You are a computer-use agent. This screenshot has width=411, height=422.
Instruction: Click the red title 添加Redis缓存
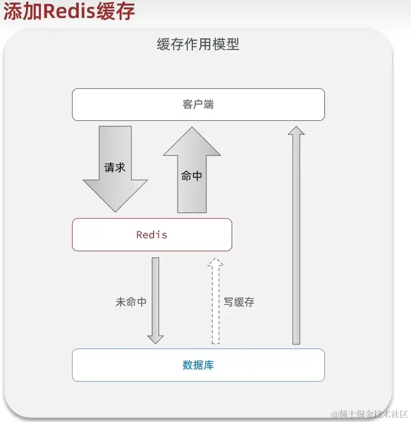[x=69, y=12]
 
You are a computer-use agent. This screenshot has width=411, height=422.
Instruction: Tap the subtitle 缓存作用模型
[x=198, y=45]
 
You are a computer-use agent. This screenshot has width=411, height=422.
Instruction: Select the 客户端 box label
[x=198, y=105]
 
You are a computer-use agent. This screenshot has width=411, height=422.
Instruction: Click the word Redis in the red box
[x=152, y=234]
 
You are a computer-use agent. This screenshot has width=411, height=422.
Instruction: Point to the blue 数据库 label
[x=198, y=365]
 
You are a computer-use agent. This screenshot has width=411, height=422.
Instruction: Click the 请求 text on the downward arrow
[x=115, y=167]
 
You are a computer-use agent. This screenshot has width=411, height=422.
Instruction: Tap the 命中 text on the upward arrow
[x=192, y=175]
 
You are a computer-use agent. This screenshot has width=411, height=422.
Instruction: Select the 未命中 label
[x=131, y=302]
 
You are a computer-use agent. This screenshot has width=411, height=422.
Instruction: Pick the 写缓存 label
[x=239, y=302]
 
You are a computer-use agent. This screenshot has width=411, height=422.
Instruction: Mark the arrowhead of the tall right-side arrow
[x=296, y=130]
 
